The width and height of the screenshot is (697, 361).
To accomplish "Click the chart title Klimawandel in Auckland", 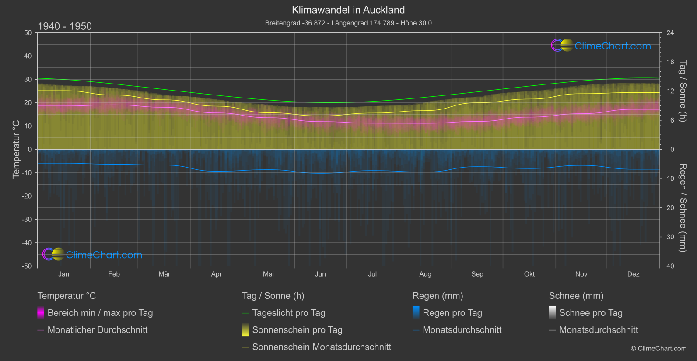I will tap(348, 10).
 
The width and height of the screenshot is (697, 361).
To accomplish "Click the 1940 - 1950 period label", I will tap(65, 26).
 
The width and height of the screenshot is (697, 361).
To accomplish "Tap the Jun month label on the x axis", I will tap(320, 274).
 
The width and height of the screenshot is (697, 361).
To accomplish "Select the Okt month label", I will tap(529, 274).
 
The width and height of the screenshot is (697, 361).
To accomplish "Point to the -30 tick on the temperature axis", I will tap(27, 220).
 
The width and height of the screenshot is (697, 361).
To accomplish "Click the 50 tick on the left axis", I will tap(28, 33).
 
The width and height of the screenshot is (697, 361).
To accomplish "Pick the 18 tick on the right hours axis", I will tap(670, 62).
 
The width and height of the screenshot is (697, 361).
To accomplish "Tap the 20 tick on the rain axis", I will tap(670, 208).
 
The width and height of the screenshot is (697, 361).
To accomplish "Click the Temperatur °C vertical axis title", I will tap(16, 150).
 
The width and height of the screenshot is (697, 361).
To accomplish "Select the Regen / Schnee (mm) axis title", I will tap(683, 208).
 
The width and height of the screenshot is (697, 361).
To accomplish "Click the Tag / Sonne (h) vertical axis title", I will tap(683, 91).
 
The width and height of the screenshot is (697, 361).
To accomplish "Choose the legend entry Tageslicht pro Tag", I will tap(288, 313).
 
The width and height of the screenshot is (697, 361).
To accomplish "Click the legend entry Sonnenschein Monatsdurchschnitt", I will tap(322, 347).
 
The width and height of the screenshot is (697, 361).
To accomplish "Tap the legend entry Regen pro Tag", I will tap(452, 313).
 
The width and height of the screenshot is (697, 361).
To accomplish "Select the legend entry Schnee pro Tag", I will tap(590, 313).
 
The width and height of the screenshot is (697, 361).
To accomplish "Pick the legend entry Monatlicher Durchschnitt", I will tap(97, 330).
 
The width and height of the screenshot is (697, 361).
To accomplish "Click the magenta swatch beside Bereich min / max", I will tap(41, 313).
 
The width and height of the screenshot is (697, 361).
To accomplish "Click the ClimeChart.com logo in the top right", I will tap(601, 46).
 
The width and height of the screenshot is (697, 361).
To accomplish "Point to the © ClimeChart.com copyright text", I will tap(658, 349).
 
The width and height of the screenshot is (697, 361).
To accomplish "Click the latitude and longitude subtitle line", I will tap(348, 23).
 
